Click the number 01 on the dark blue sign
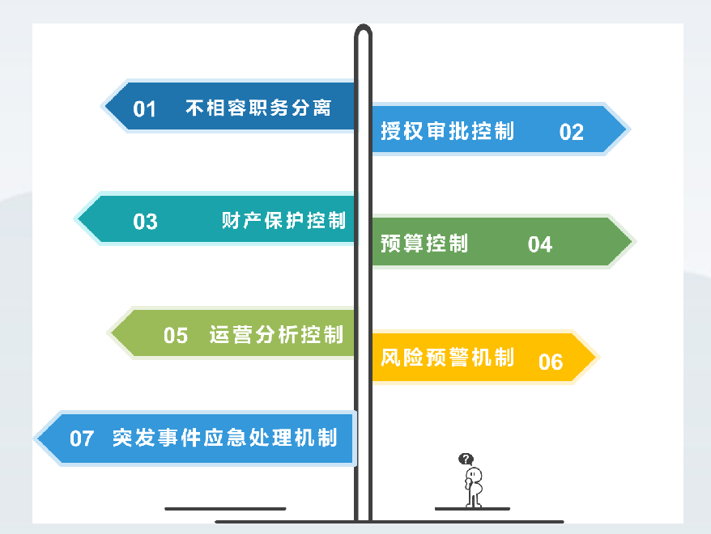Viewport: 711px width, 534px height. coord(145,109)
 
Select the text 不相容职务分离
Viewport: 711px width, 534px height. coord(258,108)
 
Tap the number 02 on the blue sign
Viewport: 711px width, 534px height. coord(572,132)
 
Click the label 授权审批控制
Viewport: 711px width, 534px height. coord(448,131)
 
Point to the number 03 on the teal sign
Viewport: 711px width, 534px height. coord(145,222)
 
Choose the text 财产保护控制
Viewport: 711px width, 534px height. coord(284,220)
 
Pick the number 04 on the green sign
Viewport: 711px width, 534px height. coord(540,244)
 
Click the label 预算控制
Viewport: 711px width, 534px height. coord(424,244)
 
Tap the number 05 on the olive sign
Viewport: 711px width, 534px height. coord(176,336)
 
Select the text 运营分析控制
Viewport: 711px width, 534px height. coord(277,335)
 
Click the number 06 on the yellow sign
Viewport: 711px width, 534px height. coord(551,362)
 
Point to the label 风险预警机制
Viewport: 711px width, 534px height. coord(448,358)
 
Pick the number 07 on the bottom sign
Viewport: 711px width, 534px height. coord(82,439)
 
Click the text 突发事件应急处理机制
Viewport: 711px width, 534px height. coord(225,438)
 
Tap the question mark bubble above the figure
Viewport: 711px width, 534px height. coord(466,460)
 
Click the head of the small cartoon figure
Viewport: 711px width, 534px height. coord(473,474)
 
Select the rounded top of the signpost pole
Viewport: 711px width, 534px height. coord(364,28)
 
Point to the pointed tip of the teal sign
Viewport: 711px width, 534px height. coord(77,218)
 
